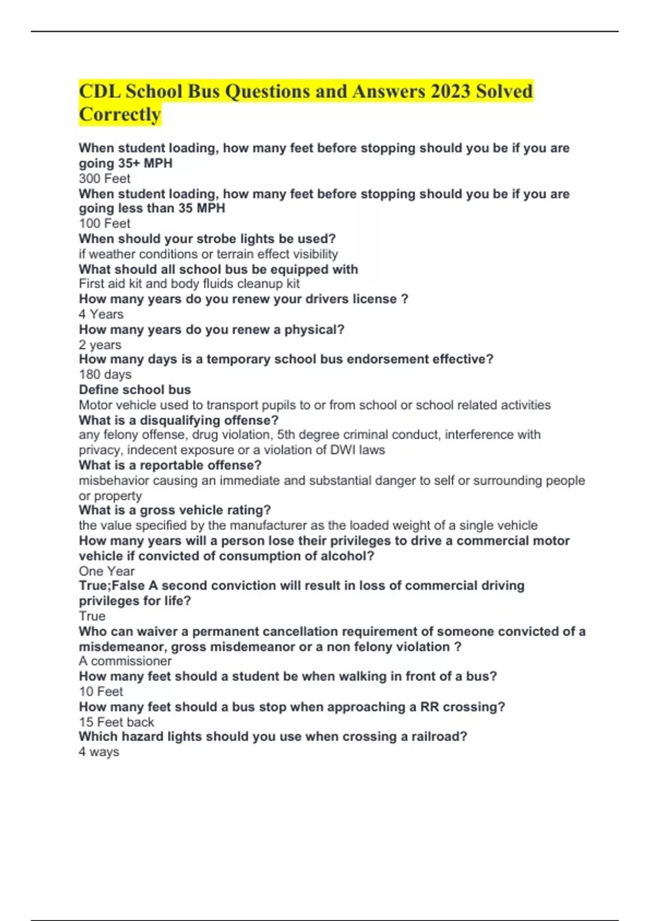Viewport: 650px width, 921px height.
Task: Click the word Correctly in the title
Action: (120, 115)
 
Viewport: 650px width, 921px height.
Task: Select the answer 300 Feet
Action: (105, 179)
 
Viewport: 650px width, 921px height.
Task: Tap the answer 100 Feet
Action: (105, 224)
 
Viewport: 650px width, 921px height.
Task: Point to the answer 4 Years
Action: (101, 314)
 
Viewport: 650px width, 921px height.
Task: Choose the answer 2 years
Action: (100, 345)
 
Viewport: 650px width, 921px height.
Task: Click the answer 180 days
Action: (105, 374)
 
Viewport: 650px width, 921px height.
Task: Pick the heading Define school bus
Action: (135, 390)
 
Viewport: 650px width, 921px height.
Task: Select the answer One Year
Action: (107, 571)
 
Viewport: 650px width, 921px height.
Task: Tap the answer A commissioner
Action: (125, 661)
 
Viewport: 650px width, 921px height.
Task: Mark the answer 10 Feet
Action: (101, 692)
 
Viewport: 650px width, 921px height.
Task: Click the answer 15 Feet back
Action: (116, 722)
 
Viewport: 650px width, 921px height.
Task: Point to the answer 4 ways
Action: (99, 752)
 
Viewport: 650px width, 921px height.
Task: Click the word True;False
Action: (112, 586)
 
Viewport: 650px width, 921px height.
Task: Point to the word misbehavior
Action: (112, 481)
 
